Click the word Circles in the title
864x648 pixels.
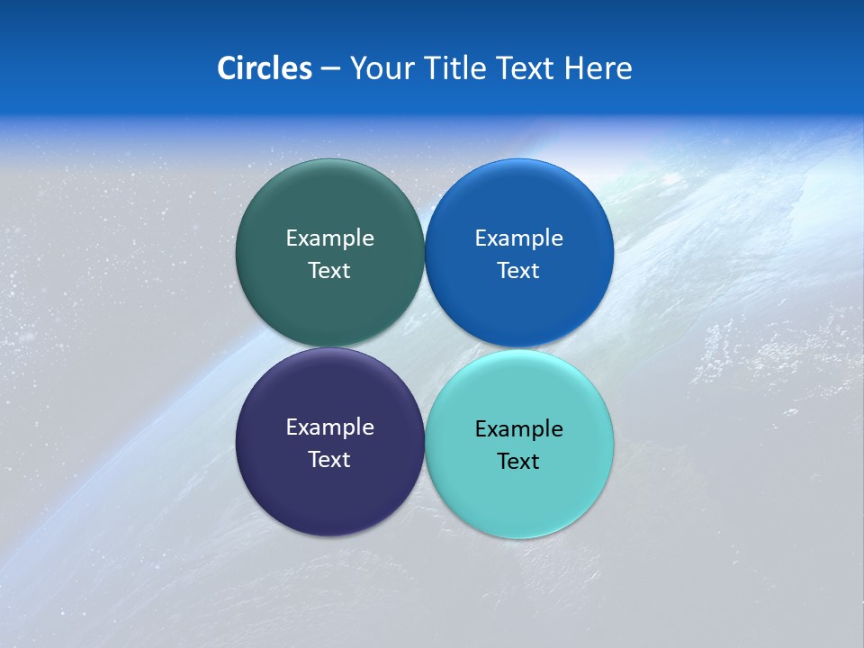point(265,68)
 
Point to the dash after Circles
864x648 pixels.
point(330,69)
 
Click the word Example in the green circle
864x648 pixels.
point(329,238)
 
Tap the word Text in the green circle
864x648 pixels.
point(329,271)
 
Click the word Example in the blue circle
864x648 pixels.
point(518,238)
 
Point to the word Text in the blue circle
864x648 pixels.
point(518,271)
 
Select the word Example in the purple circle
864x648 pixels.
point(329,427)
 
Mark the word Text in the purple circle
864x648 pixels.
point(329,460)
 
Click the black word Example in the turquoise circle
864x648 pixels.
point(518,429)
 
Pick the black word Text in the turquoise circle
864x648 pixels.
point(518,462)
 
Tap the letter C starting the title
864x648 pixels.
point(226,68)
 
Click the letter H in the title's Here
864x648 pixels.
point(573,68)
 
